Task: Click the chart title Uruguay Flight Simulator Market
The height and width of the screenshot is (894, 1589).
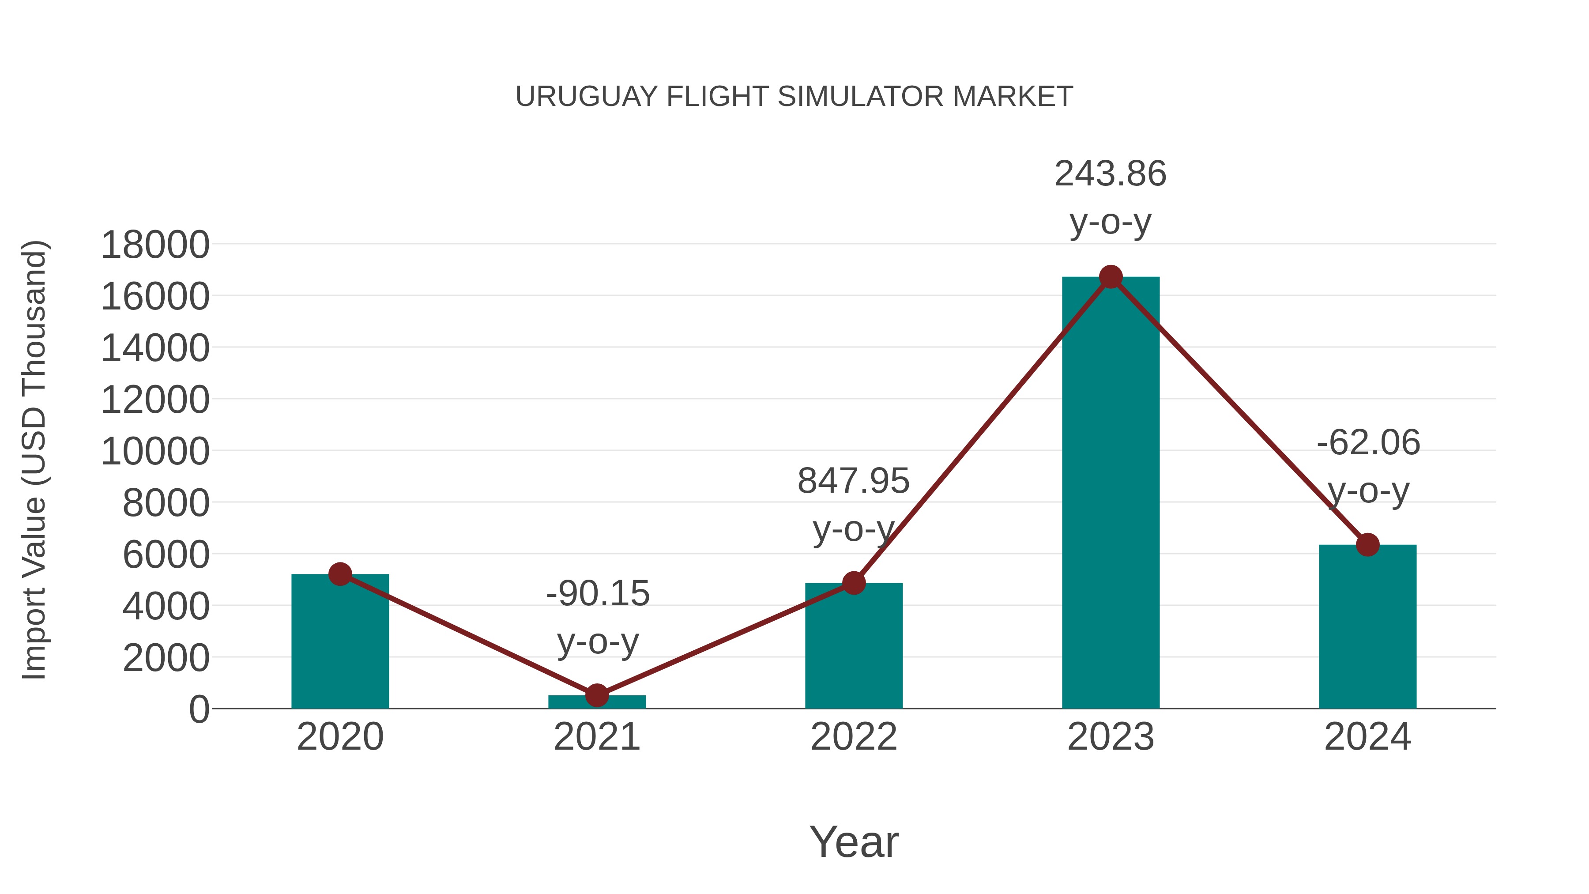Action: (x=794, y=97)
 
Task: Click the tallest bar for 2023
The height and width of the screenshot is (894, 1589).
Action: (x=1111, y=494)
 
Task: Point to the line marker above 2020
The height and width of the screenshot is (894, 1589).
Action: (x=340, y=574)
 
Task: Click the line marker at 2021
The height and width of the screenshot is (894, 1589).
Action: (x=596, y=695)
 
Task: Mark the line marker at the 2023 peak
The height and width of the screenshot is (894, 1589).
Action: (x=1111, y=277)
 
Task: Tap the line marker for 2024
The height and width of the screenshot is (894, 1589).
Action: (x=1367, y=545)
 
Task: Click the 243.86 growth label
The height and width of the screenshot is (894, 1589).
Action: (x=1111, y=174)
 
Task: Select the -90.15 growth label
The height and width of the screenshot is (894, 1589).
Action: (x=598, y=593)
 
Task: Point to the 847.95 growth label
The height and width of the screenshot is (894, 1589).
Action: (x=853, y=481)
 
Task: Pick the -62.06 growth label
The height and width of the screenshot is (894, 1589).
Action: (x=1368, y=443)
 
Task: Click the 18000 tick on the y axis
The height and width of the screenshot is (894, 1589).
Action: (x=155, y=245)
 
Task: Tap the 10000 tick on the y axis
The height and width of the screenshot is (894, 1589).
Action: (x=155, y=452)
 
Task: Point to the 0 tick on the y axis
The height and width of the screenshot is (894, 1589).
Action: (x=199, y=709)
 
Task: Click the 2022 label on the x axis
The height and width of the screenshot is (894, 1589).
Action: (x=853, y=737)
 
